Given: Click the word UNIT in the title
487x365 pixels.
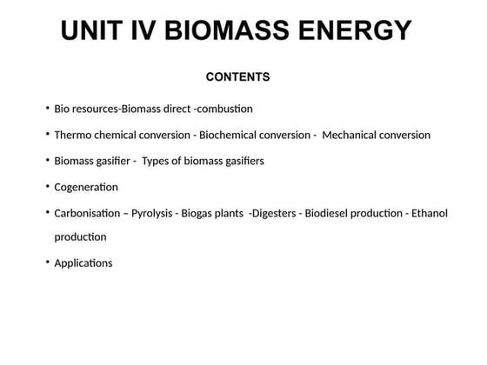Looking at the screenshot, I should coord(93,31).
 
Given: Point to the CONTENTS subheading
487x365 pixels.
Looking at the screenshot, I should coord(237,77).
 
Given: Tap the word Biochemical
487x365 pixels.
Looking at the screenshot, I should coord(230,136).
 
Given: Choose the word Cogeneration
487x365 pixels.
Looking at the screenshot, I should coord(86,187).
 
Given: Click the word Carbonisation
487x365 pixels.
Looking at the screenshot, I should coord(87,213).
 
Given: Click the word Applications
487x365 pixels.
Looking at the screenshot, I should coord(83,262).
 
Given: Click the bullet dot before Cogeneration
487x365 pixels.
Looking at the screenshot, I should coord(47,186).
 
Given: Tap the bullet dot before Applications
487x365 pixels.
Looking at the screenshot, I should coord(47,262).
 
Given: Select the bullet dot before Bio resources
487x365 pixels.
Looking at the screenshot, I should coord(47,109).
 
